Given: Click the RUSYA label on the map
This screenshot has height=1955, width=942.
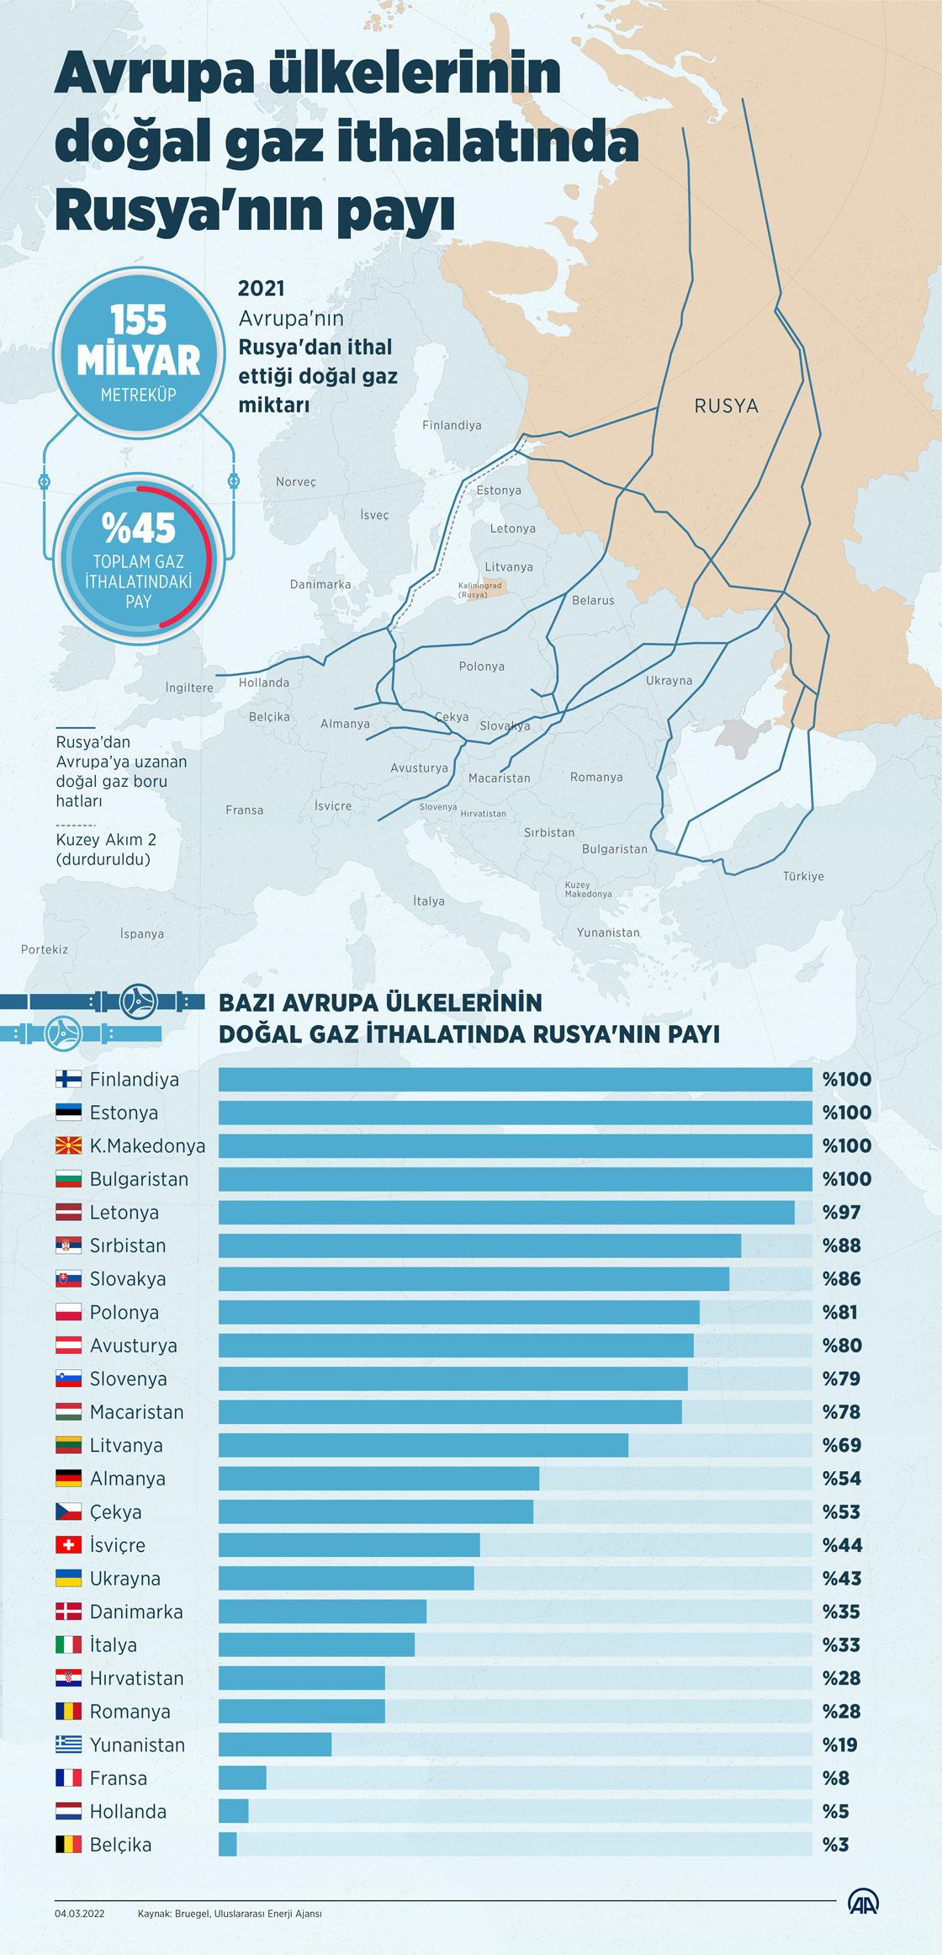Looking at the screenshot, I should pos(726,406).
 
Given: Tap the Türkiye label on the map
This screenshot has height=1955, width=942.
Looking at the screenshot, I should pos(803,876).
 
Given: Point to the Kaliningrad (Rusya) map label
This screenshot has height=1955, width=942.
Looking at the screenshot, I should pos(480,590).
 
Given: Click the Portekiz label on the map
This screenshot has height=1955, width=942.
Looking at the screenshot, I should pos(45,949).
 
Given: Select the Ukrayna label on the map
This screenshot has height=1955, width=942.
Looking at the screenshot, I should pos(669,680).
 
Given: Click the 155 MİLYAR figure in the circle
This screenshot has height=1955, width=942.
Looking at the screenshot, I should pos(138,342).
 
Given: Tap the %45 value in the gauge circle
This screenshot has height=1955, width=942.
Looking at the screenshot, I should pos(139,529).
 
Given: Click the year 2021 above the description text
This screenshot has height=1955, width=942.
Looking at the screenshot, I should pos(262,289).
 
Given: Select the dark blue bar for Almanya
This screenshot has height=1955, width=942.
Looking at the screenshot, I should pos(378,1479).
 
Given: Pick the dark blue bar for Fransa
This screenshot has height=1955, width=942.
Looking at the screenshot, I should pos(242,1778).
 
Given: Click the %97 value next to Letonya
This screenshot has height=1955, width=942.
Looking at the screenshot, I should pos(841,1213).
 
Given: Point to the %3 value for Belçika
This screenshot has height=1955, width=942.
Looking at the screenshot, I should pos(835,1845).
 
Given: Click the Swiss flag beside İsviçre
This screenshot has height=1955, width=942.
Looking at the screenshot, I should pos(68,1545).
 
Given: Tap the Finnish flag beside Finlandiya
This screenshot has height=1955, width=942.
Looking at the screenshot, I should pos(68,1079).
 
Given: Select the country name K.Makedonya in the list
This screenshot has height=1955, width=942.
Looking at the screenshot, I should pos(147,1145).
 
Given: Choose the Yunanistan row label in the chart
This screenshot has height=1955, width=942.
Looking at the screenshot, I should pos(137,1745).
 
